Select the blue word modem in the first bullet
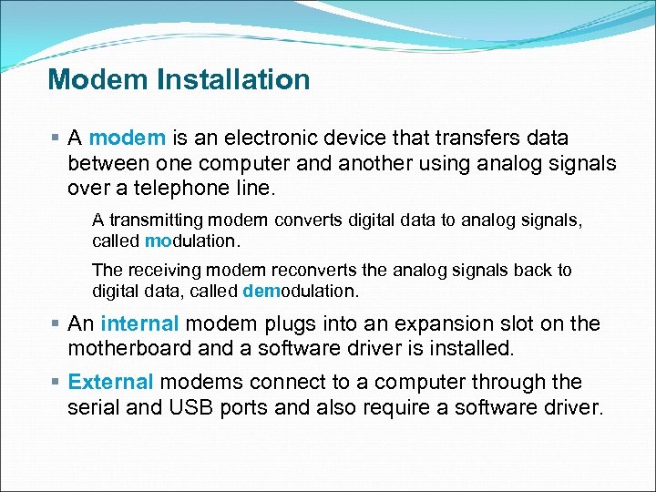pos(128,138)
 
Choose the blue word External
pos(110,383)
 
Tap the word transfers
pos(462,138)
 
